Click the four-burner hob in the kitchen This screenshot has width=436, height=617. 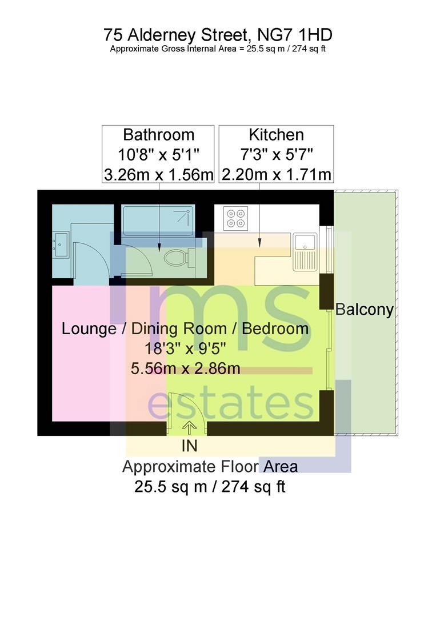[x=235, y=217]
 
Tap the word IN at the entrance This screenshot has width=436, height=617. [x=189, y=445]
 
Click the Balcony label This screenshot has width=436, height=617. [x=365, y=310]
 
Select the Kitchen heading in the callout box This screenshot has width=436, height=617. [x=276, y=135]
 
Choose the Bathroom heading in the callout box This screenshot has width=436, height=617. [x=158, y=135]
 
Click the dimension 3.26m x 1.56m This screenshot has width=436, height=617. [x=158, y=174]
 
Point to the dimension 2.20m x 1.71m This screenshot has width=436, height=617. [x=276, y=174]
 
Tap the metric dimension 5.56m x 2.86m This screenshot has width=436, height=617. [x=185, y=368]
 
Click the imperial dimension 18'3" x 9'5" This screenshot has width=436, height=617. [x=185, y=348]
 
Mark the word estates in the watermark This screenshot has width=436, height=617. [x=230, y=404]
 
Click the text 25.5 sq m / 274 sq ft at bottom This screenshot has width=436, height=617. [x=209, y=487]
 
